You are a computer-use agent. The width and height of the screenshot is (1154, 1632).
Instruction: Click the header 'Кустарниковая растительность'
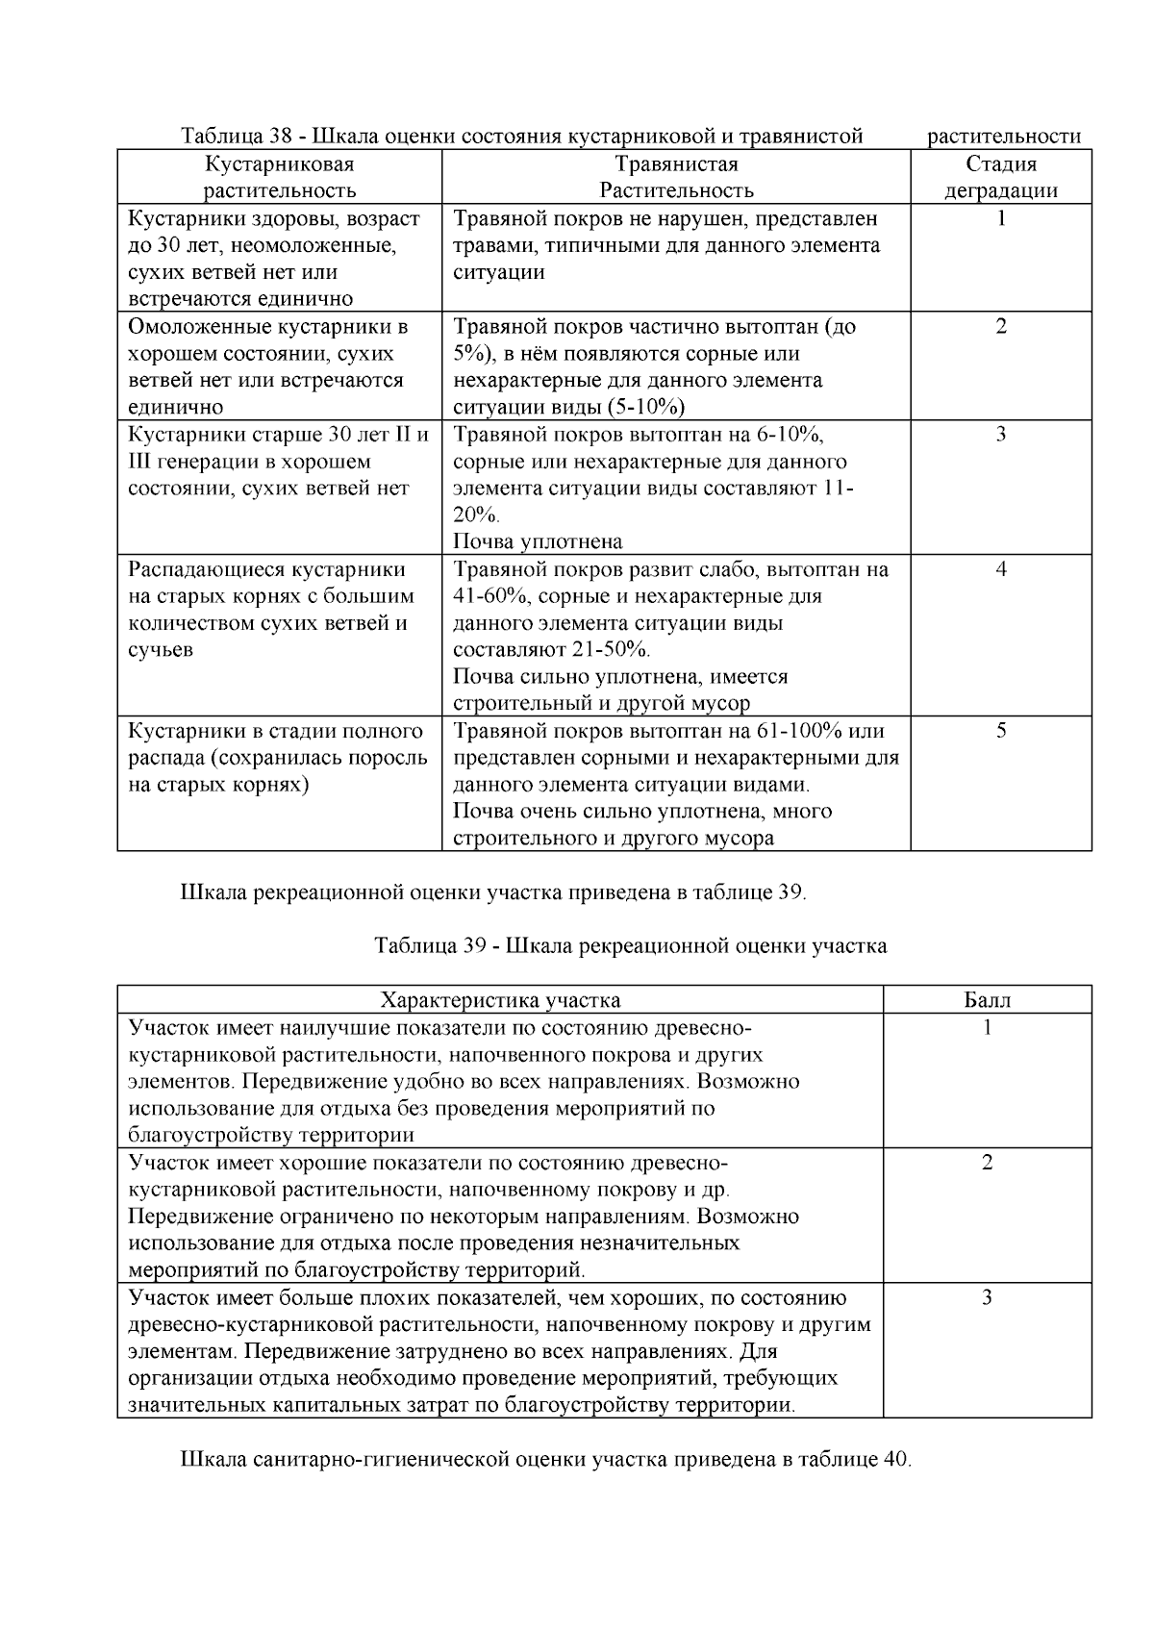279,177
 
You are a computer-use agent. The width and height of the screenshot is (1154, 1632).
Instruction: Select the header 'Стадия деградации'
1000,177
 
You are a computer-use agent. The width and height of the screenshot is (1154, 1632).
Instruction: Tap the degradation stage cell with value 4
1000,569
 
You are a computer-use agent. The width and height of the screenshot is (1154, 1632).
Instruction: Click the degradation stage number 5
1000,731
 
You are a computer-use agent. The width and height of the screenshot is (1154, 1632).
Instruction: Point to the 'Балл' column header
987,1000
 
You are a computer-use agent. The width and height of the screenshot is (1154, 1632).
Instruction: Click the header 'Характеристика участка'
500,1000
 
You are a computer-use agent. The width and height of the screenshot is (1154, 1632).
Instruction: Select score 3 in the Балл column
987,1298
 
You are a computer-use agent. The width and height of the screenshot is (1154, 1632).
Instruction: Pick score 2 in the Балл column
987,1163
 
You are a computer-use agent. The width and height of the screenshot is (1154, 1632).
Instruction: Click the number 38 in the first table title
282,137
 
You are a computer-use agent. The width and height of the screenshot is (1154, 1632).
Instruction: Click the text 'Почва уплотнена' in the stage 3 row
538,541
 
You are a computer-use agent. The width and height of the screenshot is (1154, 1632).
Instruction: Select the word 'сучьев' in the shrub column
161,650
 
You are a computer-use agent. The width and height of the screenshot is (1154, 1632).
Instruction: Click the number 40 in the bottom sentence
893,1460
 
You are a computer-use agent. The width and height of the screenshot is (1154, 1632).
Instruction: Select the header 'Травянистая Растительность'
676,177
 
